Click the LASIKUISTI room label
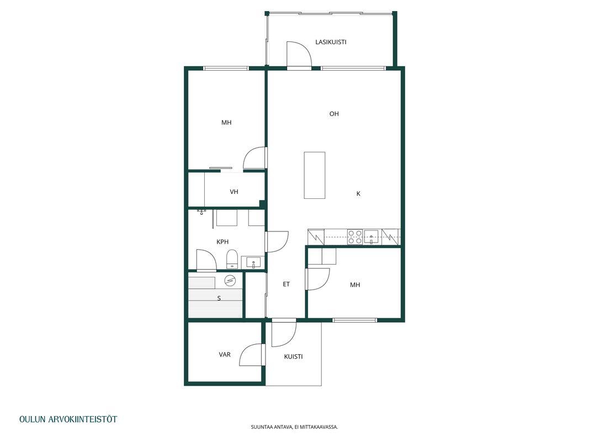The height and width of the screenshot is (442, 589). point(331,42)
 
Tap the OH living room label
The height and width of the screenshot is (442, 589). point(334,114)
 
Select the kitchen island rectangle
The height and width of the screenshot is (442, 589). point(315,175)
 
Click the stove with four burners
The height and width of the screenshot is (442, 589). point(354,237)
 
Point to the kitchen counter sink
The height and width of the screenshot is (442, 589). point(371,237)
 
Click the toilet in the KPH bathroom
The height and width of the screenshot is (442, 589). point(232,259)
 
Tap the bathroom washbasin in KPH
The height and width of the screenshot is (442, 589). point(253,262)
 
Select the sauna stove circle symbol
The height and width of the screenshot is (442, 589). point(230,280)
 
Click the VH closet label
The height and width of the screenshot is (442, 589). point(234,192)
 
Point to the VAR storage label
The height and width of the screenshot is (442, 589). point(225,354)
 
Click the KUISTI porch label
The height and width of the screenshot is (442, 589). point(293,357)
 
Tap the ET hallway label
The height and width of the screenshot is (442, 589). point(286,284)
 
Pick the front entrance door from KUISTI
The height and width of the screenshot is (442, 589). point(284,333)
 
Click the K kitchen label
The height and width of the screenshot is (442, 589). point(358,193)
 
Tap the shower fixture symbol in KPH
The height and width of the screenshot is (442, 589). point(201,212)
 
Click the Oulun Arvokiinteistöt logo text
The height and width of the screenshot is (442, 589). point(68,419)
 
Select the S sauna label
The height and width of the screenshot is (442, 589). point(219,298)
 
